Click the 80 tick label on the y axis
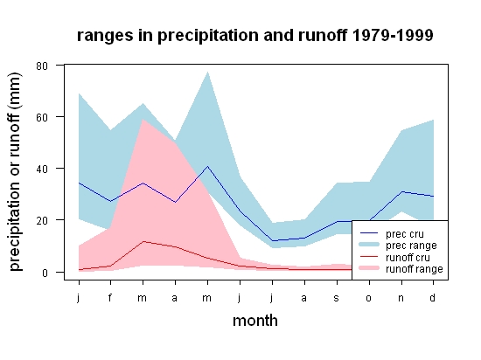(42, 66)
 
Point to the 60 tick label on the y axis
(42, 117)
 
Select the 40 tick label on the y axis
(42, 170)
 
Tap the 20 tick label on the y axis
(42, 220)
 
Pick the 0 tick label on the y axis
(45, 273)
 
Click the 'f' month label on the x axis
(110, 297)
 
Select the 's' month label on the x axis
(336, 298)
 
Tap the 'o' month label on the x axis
(369, 298)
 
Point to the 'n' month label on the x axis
(401, 298)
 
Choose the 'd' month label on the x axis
(432, 297)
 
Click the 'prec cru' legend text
(405, 234)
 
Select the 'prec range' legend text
(411, 246)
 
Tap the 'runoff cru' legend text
(408, 258)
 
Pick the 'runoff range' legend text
(415, 269)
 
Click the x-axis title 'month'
(255, 321)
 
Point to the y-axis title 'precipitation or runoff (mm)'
(15, 171)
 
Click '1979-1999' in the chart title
(393, 35)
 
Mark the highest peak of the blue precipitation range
(207, 72)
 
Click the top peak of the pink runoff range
(143, 120)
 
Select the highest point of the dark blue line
(207, 166)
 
